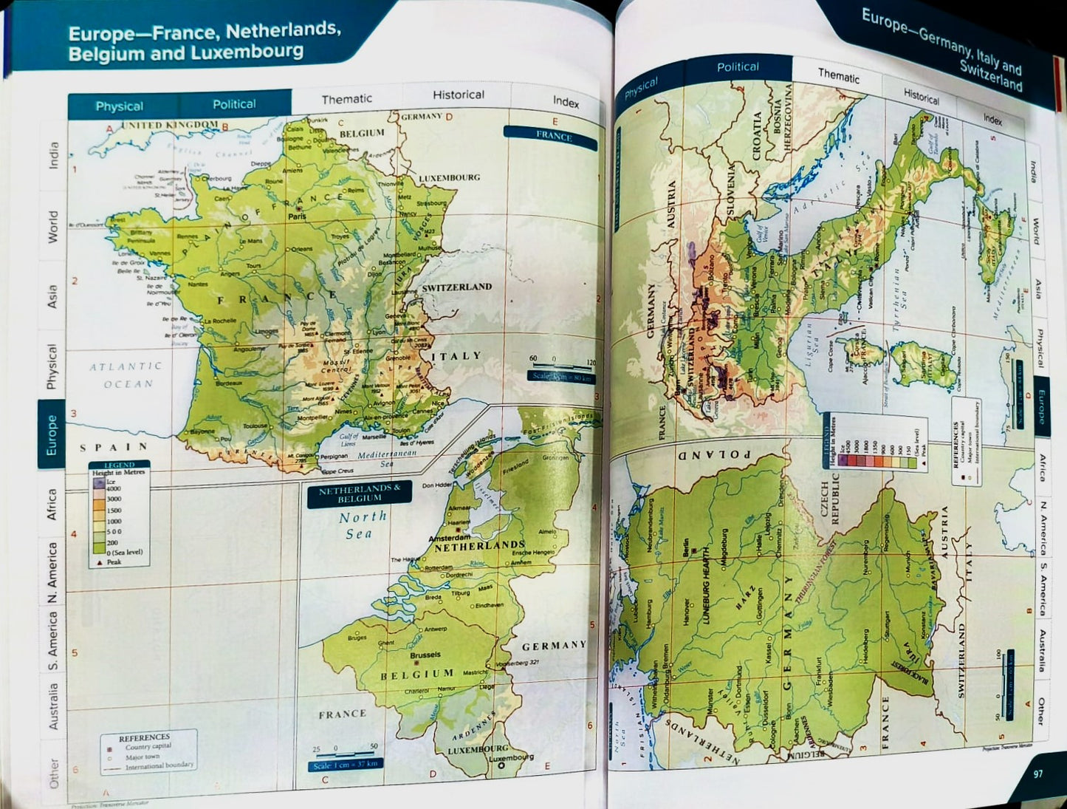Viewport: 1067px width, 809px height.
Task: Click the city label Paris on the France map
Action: click(x=298, y=216)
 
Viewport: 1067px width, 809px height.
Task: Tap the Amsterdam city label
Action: click(x=450, y=539)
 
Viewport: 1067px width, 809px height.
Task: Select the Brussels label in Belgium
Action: click(x=425, y=655)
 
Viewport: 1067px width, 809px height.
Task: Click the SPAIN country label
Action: click(x=114, y=447)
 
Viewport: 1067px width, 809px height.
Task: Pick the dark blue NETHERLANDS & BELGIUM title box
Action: click(x=360, y=494)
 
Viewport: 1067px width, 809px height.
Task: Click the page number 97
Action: click(x=1037, y=774)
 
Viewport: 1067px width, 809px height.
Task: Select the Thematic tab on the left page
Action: click(x=346, y=99)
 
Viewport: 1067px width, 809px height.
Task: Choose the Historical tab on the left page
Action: click(x=458, y=95)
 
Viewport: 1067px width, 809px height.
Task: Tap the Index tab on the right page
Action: click(x=992, y=118)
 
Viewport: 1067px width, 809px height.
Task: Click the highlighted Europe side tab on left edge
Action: click(x=52, y=434)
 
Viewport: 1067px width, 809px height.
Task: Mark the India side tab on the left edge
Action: click(x=53, y=156)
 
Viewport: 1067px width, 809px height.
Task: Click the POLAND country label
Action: click(x=714, y=454)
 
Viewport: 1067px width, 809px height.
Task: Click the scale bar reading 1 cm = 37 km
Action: click(x=345, y=765)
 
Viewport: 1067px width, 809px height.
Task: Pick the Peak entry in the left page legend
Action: click(x=113, y=561)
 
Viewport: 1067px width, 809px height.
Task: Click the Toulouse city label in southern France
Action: click(x=255, y=426)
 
